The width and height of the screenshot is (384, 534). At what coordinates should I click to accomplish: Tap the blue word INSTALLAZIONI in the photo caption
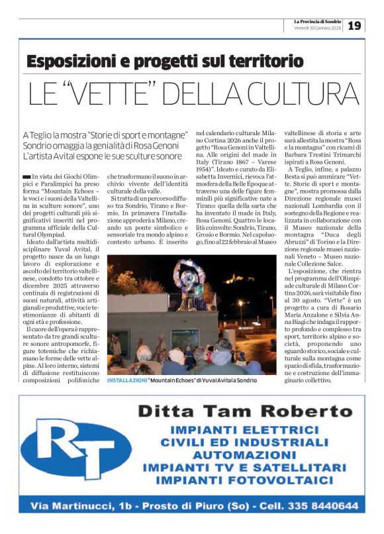[126, 380]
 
